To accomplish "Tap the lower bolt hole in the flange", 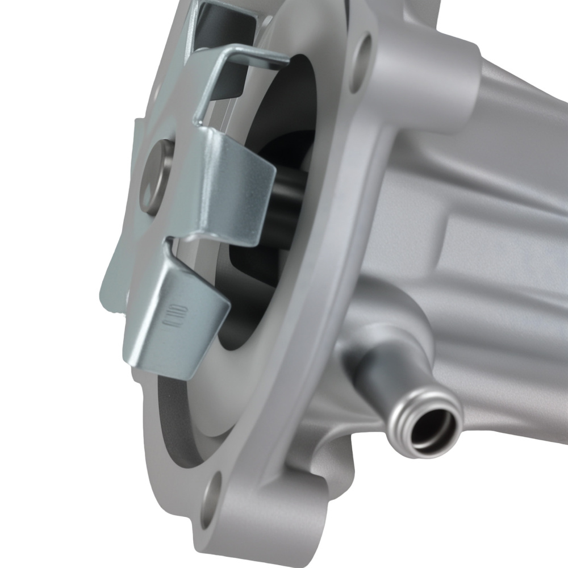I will click(211, 500).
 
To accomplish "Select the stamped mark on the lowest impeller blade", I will click(169, 314).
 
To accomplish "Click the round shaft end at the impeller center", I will click(154, 176).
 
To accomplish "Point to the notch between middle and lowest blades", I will click(170, 244).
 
